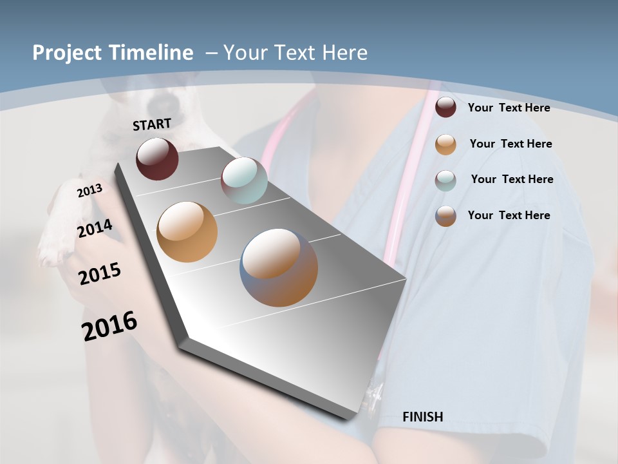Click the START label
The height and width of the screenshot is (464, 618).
152,124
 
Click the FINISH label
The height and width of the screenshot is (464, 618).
422,417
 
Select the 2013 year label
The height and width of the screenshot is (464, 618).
89,191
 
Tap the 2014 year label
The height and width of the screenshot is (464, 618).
95,229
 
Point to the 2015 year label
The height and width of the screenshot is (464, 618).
100,274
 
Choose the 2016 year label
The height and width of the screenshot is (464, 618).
109,326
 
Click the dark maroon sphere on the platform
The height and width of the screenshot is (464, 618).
157,159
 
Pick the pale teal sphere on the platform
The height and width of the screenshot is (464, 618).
244,180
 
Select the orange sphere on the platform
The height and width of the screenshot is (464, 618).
187,231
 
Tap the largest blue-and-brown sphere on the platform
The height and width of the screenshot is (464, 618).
279,267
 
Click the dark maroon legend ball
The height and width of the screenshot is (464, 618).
445,108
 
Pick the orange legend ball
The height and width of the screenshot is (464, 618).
445,144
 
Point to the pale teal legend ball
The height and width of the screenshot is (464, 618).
445,180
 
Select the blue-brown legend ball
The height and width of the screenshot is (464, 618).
445,216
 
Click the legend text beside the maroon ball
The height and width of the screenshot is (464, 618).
509,108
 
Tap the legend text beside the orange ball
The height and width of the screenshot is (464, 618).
510,144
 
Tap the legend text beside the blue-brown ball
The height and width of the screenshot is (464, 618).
509,215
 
